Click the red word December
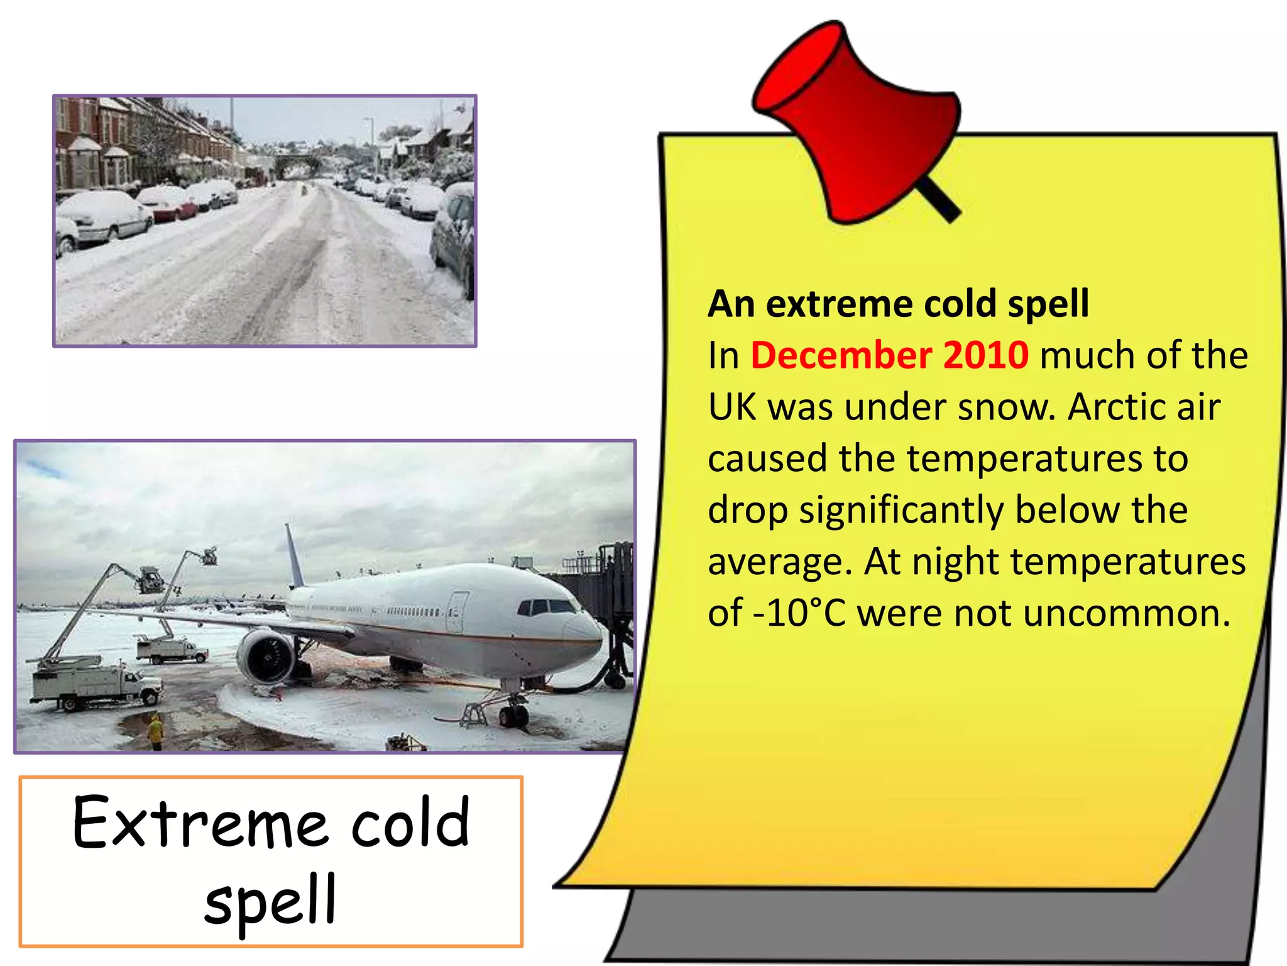841,355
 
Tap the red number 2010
985,355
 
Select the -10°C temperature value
799,613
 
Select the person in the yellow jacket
155,731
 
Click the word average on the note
780,562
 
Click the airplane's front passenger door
457,612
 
